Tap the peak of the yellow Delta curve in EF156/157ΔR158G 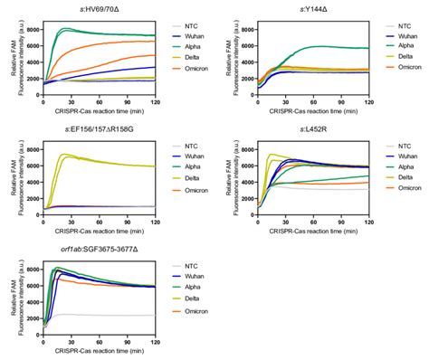tap(62, 155)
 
